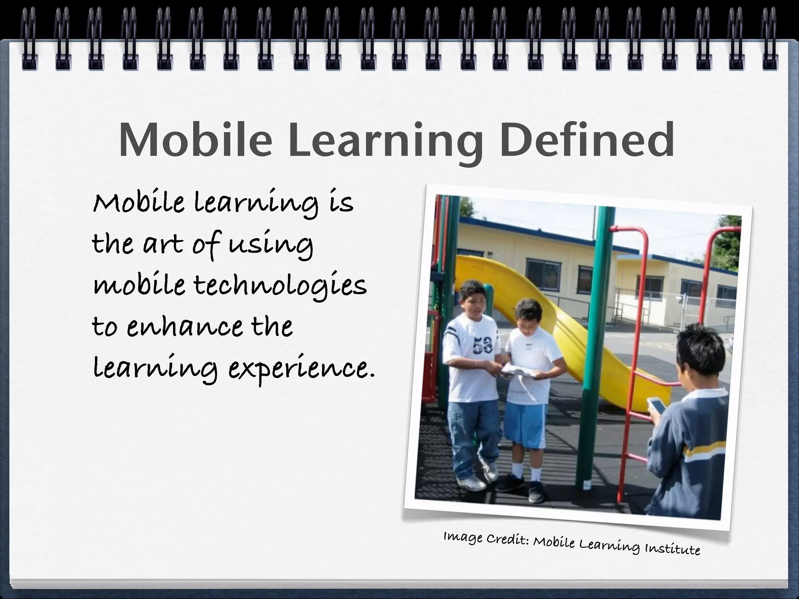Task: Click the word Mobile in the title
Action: coord(195,140)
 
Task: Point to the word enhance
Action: coord(184,328)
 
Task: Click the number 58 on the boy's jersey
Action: coord(482,346)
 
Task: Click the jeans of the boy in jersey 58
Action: coord(470,433)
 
